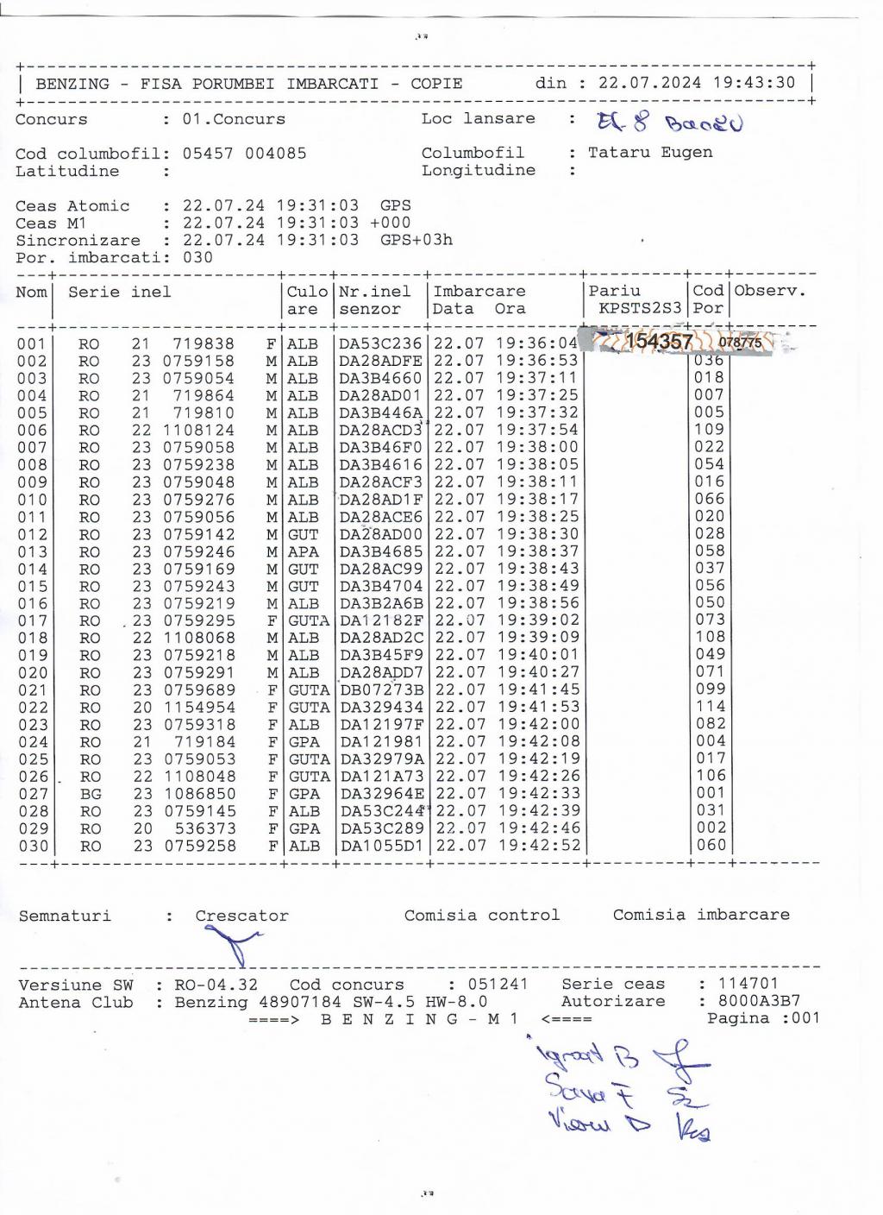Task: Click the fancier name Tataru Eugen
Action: tap(650, 153)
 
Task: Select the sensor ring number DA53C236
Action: tap(380, 343)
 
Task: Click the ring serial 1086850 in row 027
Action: tap(199, 793)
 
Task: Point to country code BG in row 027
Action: tap(90, 794)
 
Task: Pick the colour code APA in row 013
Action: tap(303, 551)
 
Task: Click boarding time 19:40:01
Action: tap(538, 655)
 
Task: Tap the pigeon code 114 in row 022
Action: tap(711, 706)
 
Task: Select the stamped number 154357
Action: tap(659, 342)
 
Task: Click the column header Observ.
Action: tap(770, 291)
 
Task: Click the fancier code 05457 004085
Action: tap(244, 154)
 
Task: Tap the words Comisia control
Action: tap(481, 915)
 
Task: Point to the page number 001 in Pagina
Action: tap(805, 1018)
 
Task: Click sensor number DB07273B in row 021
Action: tap(382, 689)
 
